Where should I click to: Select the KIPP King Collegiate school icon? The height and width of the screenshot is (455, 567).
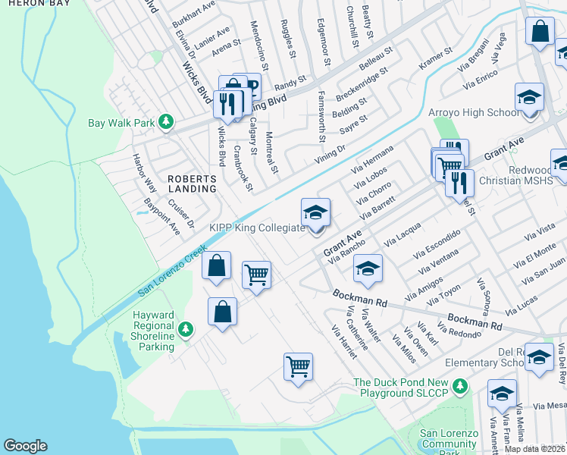point(316,212)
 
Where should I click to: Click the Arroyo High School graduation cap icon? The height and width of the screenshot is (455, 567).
point(528,97)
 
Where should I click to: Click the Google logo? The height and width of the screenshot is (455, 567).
point(25,446)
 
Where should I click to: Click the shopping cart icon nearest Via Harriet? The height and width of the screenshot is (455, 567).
point(299,366)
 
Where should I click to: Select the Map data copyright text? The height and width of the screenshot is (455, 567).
point(534,449)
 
